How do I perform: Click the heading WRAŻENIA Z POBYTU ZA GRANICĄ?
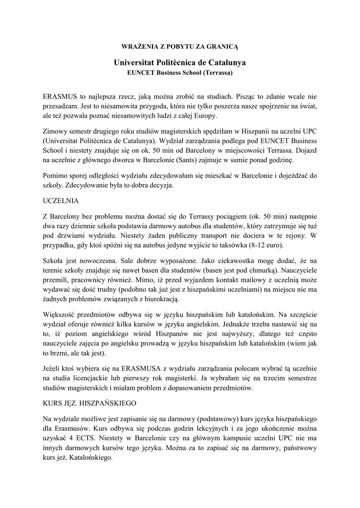(180, 46)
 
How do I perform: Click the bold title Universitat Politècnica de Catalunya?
(180, 63)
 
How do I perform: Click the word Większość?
(61, 314)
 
